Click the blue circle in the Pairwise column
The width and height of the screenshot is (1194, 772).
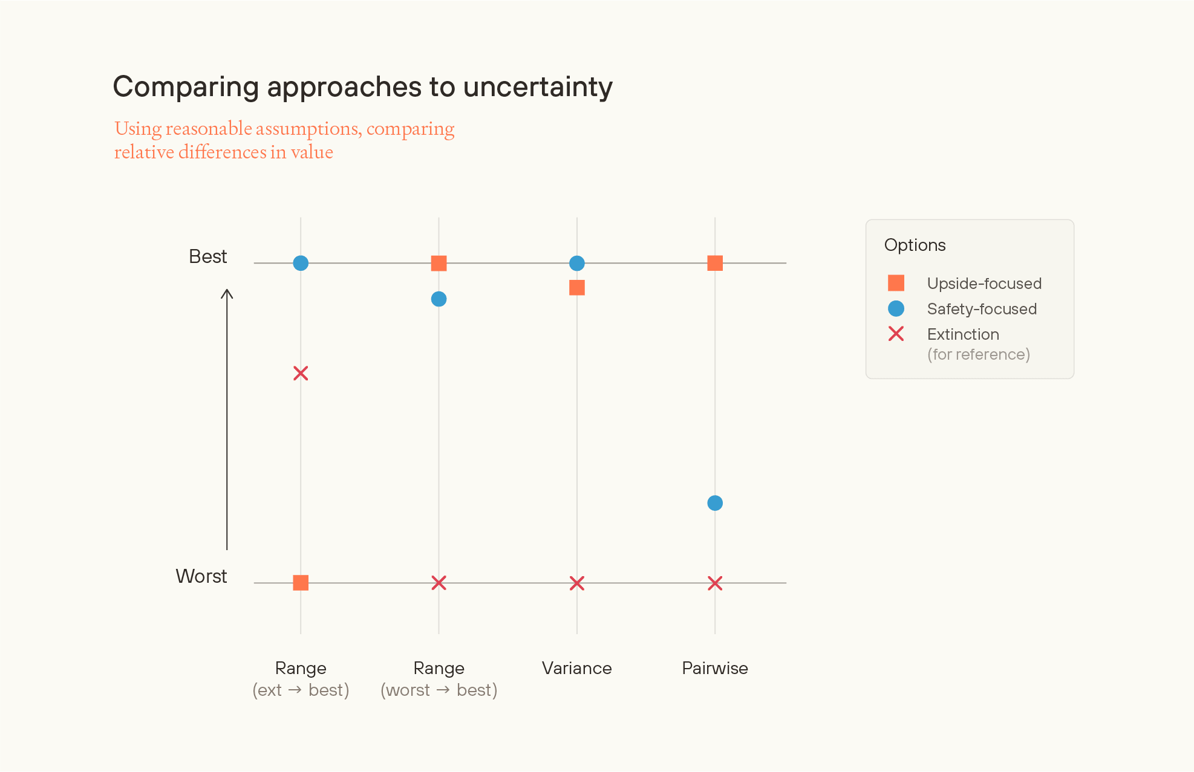point(714,503)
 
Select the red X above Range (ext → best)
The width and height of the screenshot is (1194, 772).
point(301,373)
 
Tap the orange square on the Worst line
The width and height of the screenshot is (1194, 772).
point(301,583)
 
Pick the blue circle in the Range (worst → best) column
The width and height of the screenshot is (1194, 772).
point(439,299)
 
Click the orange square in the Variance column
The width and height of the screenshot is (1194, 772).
point(577,288)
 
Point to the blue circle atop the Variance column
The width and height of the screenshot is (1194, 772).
point(577,263)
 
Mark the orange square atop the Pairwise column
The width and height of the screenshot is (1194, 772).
point(715,263)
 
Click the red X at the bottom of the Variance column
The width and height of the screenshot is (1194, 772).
point(577,583)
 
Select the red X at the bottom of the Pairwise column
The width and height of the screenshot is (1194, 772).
point(715,583)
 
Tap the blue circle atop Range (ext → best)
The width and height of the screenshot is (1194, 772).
point(301,263)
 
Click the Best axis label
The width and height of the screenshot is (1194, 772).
point(207,256)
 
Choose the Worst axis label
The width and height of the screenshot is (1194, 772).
point(201,576)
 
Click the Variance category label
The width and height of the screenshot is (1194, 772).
point(576,668)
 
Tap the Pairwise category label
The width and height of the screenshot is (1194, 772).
point(714,668)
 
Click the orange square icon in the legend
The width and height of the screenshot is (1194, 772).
point(896,283)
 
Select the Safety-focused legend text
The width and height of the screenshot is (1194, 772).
point(982,309)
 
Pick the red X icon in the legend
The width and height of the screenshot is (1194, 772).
point(896,334)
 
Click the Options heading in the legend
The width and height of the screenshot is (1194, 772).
point(915,245)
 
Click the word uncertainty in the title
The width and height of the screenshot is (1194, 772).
point(538,87)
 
